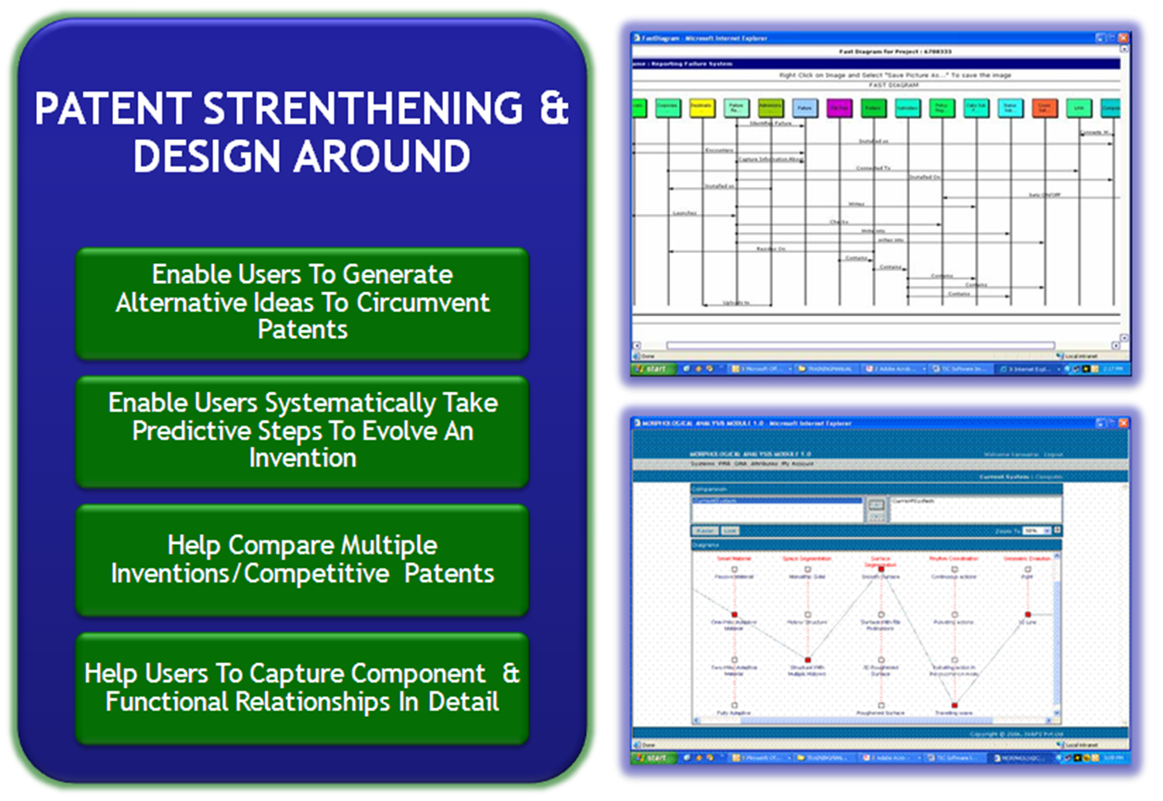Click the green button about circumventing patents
302,302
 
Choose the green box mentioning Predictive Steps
302,430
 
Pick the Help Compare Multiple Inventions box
302,559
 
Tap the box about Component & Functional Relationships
302,687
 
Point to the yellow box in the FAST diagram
702,108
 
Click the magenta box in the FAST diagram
839,108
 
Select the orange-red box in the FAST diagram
1043,108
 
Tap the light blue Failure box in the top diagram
804,108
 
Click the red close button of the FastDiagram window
1123,38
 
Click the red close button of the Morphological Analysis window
1123,422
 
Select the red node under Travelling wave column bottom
954,706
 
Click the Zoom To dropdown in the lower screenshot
1033,530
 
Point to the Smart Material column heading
734,559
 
